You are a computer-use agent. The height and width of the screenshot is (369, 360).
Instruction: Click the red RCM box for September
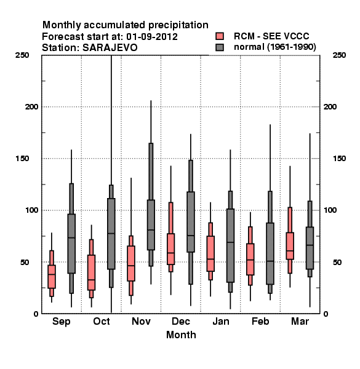[x=52, y=277]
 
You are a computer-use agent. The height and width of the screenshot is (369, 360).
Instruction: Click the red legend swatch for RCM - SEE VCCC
[x=220, y=36]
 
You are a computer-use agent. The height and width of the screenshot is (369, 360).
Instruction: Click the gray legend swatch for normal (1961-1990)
[x=220, y=47]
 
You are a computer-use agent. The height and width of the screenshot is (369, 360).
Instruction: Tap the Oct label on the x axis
[x=102, y=321]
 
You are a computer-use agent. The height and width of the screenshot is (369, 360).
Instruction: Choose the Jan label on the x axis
[x=221, y=321]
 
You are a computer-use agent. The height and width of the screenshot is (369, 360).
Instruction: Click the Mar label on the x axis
[x=300, y=321]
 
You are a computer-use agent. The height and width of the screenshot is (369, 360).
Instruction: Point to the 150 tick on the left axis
[x=22, y=159]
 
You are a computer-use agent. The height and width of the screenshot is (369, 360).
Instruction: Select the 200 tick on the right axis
[x=330, y=106]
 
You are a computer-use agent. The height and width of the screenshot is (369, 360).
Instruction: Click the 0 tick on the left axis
[x=36, y=314]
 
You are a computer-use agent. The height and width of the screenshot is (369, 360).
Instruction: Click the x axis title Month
[x=181, y=335]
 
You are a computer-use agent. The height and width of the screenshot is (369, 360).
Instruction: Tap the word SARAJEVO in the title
[x=110, y=47]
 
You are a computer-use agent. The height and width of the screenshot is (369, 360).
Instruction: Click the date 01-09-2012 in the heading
[x=152, y=36]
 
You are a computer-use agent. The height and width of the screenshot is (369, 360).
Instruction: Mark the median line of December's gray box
[x=191, y=236]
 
